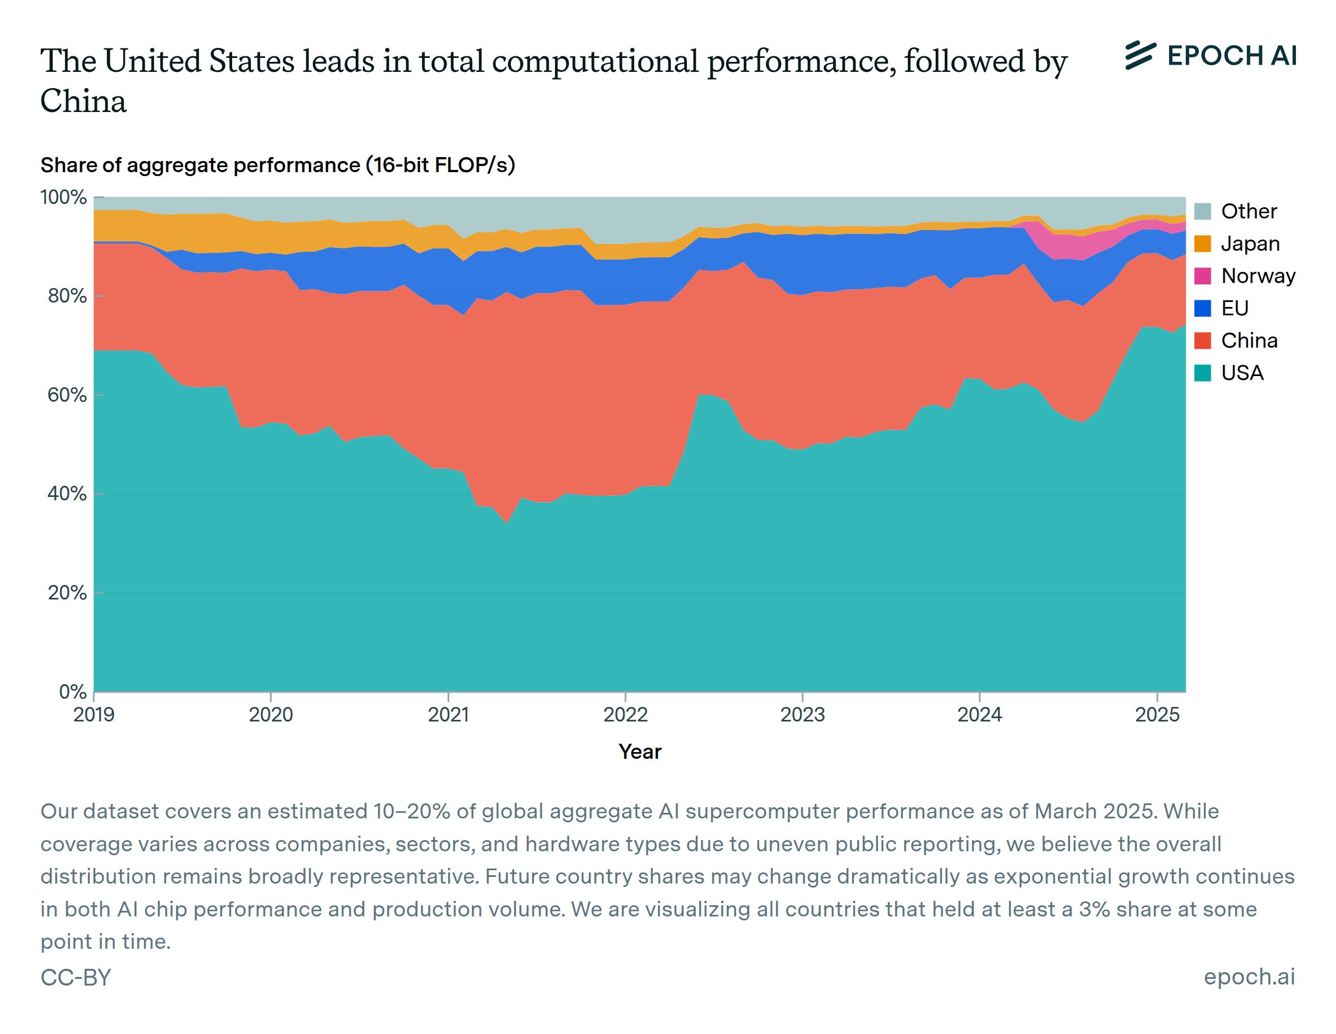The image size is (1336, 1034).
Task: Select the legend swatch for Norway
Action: click(1202, 276)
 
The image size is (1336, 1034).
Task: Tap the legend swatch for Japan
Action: click(1202, 243)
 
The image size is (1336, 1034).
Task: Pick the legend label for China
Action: click(1249, 340)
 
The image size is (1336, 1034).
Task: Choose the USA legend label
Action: click(1242, 373)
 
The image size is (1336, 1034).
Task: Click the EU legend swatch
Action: click(1202, 308)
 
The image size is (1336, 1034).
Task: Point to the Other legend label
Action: click(1249, 211)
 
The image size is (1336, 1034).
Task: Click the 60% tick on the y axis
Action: click(67, 395)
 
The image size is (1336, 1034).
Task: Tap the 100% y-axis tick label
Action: click(63, 197)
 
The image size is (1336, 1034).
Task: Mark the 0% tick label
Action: click(73, 692)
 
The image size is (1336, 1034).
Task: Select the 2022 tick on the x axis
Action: click(625, 714)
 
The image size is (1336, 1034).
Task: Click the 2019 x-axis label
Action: click(94, 714)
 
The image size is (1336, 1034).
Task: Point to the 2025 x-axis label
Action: click(1157, 714)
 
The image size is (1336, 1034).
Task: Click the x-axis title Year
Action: click(640, 752)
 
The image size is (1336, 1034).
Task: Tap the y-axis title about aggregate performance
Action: click(278, 165)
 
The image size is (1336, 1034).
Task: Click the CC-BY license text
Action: click(76, 977)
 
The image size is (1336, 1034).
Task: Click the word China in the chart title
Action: click(83, 101)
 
